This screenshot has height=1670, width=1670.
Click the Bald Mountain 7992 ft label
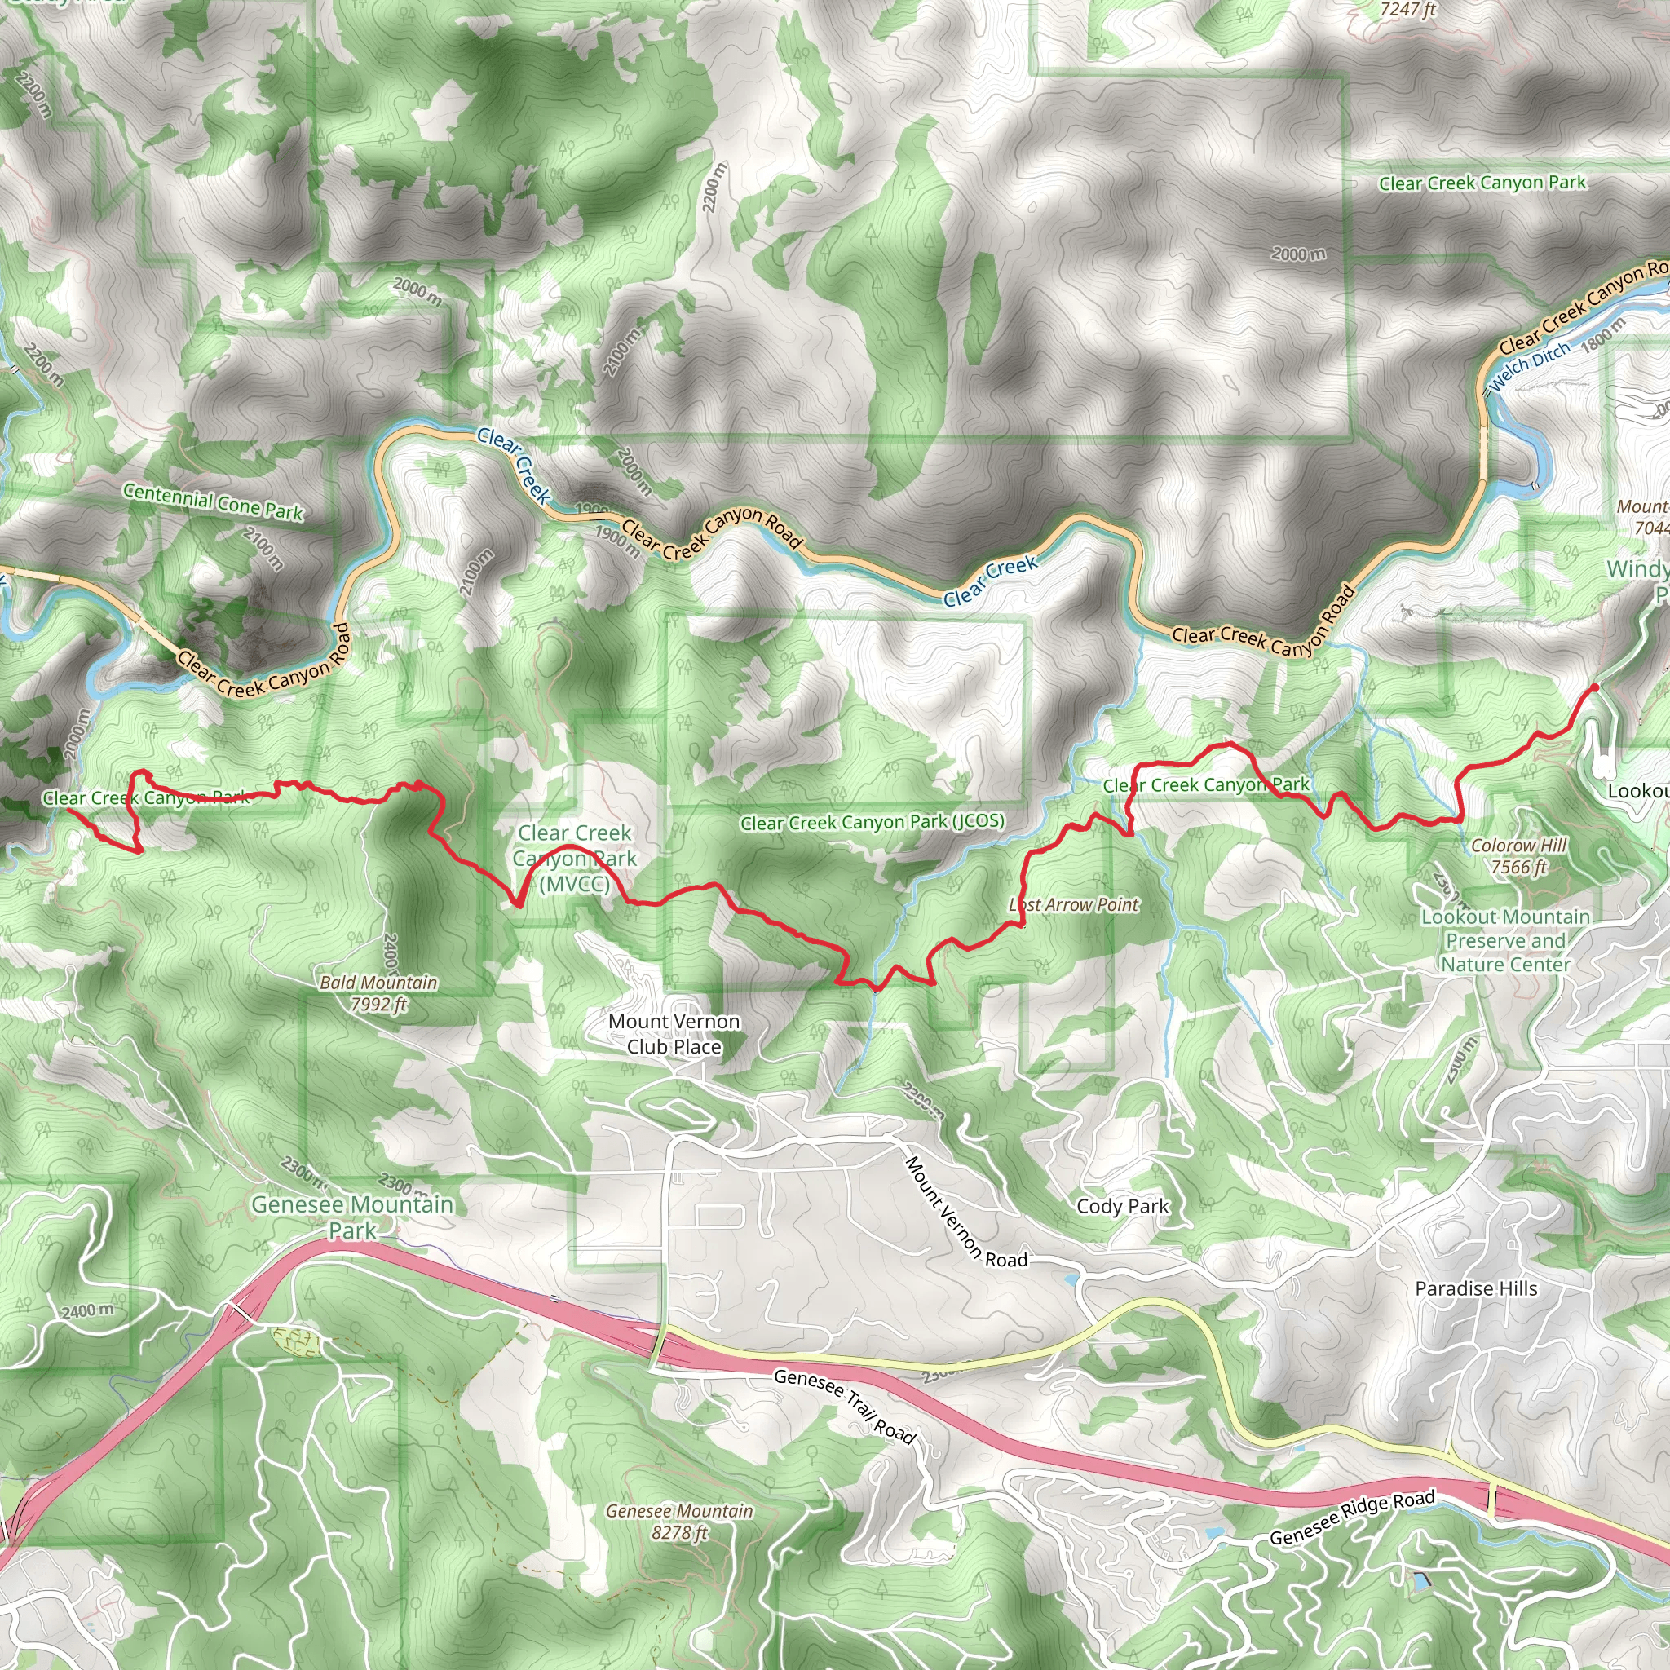click(378, 993)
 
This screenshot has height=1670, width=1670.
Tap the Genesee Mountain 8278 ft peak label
click(679, 1522)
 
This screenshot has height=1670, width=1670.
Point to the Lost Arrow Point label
click(1075, 905)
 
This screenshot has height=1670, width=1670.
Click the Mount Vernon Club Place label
click(674, 1034)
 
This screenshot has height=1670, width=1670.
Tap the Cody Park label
click(1123, 1207)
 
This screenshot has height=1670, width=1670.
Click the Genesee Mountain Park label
click(352, 1217)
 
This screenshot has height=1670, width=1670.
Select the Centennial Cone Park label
click(213, 502)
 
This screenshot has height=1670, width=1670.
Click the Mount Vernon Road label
click(965, 1213)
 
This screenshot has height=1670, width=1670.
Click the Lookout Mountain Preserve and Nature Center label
click(1506, 940)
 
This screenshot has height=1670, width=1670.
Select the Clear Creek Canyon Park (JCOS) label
click(873, 822)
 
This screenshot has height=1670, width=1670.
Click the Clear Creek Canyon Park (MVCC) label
click(575, 859)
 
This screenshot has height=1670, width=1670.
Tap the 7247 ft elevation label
click(1408, 10)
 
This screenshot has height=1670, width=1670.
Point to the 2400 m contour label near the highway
click(88, 1311)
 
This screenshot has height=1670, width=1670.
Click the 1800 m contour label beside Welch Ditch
click(1603, 334)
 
